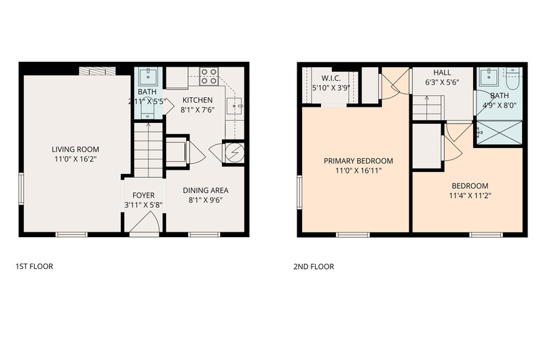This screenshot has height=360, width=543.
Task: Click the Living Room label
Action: point(75,149)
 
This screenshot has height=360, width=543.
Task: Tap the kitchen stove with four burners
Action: point(209,76)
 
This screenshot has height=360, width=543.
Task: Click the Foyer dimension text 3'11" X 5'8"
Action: point(143,205)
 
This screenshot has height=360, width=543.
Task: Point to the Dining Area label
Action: point(206,190)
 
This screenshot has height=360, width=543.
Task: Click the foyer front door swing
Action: point(145,221)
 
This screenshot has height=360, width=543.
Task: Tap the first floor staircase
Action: point(148,150)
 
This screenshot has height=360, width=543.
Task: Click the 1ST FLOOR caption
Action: point(35,266)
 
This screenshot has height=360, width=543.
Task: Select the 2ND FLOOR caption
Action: point(314,267)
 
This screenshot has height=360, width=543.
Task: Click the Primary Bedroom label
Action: point(358,161)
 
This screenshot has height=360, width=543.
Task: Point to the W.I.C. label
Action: point(331,78)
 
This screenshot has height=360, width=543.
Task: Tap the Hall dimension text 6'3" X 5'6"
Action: point(443,82)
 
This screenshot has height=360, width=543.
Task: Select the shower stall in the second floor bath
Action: point(500,132)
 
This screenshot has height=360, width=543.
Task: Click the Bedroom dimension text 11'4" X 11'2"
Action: point(470,196)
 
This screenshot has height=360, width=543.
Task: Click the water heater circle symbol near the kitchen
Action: point(235,152)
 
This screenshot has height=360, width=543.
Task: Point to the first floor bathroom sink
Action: point(148,77)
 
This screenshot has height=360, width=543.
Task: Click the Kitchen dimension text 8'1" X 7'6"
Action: point(198,110)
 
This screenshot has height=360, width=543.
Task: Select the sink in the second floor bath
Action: point(489,77)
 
